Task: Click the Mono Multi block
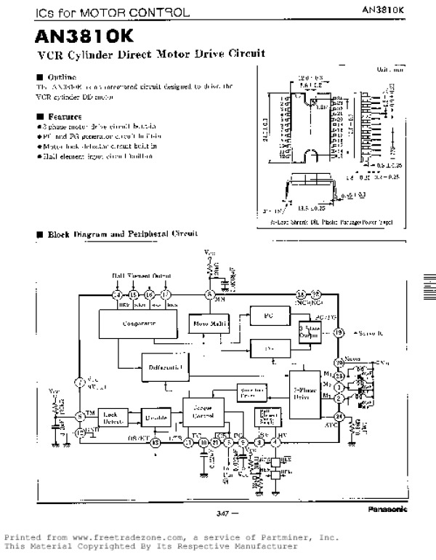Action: pos(209,321)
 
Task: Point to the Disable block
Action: pos(156,418)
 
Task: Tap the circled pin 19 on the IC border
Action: pos(338,332)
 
